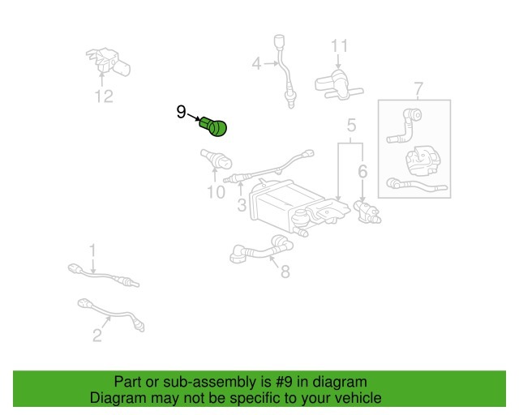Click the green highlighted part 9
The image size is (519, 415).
pyautogui.click(x=215, y=126)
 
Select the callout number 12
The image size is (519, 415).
pyautogui.click(x=103, y=96)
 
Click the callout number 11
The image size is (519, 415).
pyautogui.click(x=339, y=45)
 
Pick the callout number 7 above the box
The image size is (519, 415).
pyautogui.click(x=418, y=88)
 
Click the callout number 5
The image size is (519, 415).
pyautogui.click(x=352, y=126)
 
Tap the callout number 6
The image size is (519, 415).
pyautogui.click(x=362, y=171)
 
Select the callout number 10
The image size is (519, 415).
pyautogui.click(x=215, y=192)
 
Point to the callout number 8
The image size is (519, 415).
pyautogui.click(x=285, y=272)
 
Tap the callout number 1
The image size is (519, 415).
pyautogui.click(x=92, y=250)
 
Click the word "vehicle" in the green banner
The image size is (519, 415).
pyautogui.click(x=354, y=399)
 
